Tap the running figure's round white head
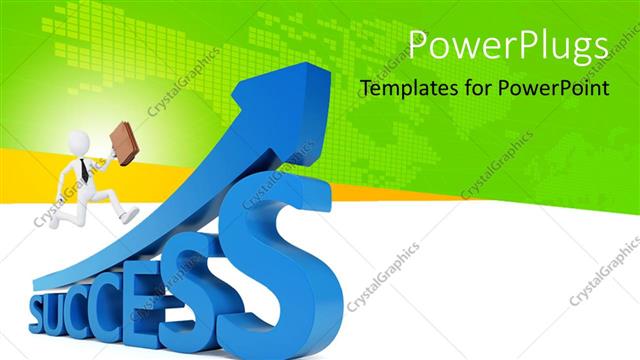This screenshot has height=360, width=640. [x=79, y=143]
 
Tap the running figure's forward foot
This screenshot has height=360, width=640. [x=129, y=215]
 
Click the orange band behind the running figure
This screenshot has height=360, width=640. [x=30, y=175]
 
